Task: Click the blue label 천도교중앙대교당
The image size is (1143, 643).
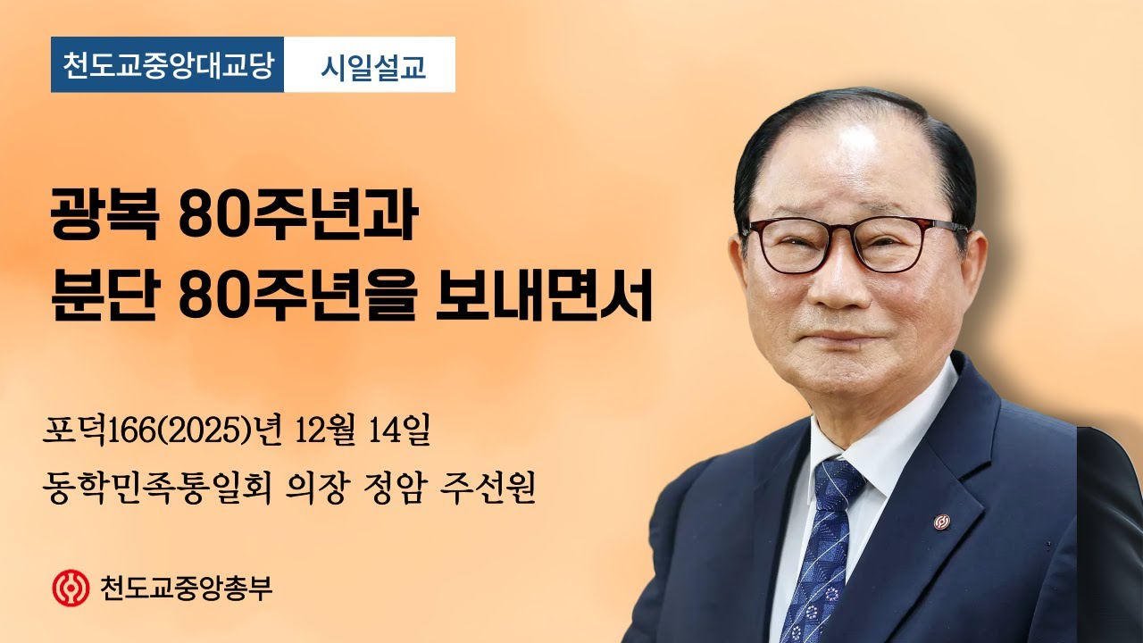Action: click(167, 65)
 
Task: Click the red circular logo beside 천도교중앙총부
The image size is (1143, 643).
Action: click(71, 587)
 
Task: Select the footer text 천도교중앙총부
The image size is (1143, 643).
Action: click(187, 588)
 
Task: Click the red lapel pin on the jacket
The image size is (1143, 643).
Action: click(941, 522)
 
